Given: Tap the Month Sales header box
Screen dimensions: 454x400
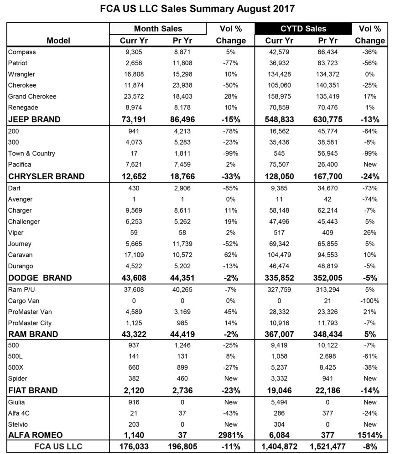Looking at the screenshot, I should point(158,29).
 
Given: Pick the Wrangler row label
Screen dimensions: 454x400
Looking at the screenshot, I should point(21,74).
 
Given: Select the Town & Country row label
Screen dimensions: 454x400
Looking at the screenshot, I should point(31,153).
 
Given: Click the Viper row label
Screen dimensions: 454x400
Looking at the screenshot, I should point(16,233).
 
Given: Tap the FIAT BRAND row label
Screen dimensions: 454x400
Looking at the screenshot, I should point(33,390).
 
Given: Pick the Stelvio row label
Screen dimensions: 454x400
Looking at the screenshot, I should point(18,424).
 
